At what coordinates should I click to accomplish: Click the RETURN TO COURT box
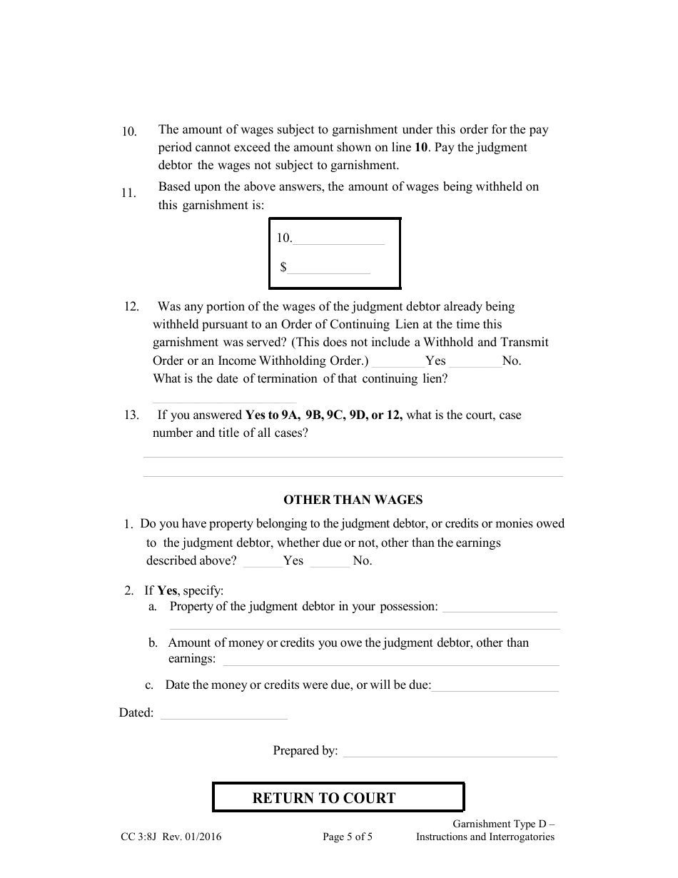click(338, 797)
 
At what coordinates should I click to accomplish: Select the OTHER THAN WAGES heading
click(353, 500)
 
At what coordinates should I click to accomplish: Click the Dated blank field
click(223, 715)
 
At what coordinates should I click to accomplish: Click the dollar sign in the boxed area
click(283, 267)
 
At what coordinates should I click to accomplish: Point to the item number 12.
click(131, 307)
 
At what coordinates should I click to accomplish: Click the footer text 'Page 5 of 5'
click(348, 837)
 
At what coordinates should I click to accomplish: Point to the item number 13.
click(131, 415)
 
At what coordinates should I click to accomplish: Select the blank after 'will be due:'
click(495, 687)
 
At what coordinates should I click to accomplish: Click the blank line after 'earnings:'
click(391, 661)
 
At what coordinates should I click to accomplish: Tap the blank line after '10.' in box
click(338, 240)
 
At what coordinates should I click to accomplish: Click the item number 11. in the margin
click(129, 193)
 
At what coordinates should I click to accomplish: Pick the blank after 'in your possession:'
click(500, 608)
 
